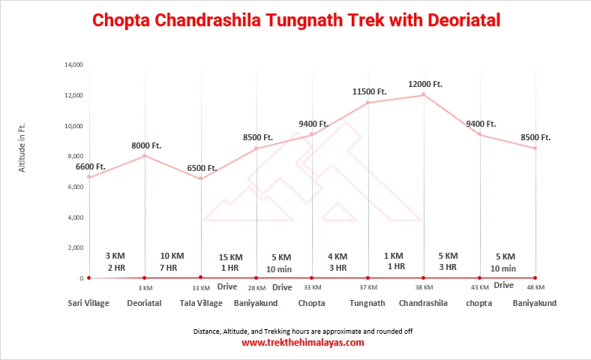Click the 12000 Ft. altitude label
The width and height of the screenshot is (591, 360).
tap(426, 84)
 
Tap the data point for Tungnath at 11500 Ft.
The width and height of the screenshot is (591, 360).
tap(368, 103)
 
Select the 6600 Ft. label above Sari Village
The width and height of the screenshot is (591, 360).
tap(91, 166)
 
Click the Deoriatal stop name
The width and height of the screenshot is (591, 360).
tap(145, 304)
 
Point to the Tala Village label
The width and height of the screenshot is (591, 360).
tap(201, 304)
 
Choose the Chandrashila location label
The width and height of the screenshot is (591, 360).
tap(423, 304)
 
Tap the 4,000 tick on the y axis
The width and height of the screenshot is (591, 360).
tap(76, 217)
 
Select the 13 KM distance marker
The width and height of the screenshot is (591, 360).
tap(201, 288)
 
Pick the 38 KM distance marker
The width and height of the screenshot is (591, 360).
tap(424, 288)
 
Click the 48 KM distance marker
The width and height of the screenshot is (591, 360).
tap(535, 288)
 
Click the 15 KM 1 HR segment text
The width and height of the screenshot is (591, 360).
tap(229, 262)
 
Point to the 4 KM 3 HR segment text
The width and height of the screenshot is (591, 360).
tap(337, 262)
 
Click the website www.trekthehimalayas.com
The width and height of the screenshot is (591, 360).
tap(303, 343)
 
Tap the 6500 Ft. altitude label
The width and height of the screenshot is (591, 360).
tap(202, 168)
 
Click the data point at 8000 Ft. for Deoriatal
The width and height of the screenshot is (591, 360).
tap(145, 156)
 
